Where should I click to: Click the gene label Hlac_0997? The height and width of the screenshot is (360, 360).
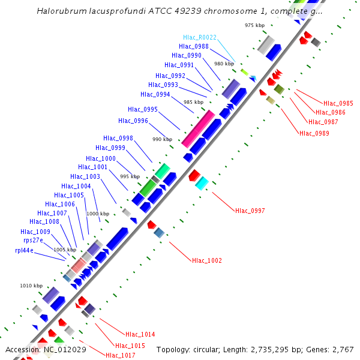(x=250, y=211)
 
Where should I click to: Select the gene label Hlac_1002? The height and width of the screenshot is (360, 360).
(x=206, y=260)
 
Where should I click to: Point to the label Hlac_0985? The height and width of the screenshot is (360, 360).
(x=338, y=103)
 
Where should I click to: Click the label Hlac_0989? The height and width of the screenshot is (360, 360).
(x=314, y=133)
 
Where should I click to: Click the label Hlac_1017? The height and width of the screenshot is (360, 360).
(x=120, y=355)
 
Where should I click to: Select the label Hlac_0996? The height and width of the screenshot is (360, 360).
(x=133, y=121)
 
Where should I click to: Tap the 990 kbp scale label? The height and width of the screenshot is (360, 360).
(x=162, y=139)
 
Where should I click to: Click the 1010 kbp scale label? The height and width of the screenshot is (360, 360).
(x=31, y=286)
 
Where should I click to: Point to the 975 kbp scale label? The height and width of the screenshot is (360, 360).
(x=254, y=25)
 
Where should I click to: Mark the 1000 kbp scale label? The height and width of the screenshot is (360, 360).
(x=98, y=214)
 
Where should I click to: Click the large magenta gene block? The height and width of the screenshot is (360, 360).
(x=198, y=129)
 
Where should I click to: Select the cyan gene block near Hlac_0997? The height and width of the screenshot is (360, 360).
(x=202, y=183)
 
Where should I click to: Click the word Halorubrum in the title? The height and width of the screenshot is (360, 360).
(x=58, y=11)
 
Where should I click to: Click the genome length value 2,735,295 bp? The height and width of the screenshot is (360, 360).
(x=272, y=349)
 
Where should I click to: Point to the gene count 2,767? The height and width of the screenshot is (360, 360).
(x=343, y=349)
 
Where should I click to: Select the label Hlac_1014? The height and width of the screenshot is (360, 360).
(x=140, y=334)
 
